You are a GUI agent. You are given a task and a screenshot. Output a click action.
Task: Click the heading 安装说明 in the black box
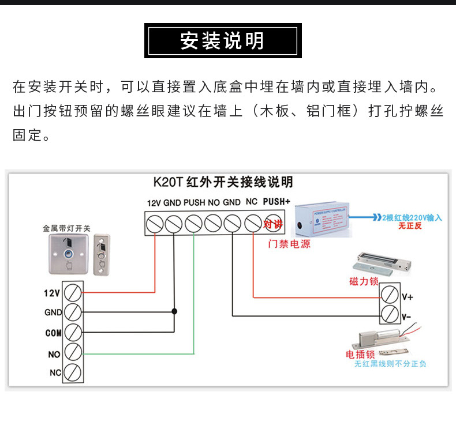(223, 41)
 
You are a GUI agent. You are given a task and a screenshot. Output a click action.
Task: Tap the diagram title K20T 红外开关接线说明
(223, 182)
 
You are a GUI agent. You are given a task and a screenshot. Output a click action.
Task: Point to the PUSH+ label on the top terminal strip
(276, 202)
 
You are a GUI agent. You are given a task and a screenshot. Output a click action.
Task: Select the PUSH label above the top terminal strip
(194, 203)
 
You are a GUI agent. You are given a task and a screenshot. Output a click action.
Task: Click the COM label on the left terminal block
(53, 333)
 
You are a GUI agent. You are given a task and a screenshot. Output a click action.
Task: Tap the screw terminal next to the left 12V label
(73, 293)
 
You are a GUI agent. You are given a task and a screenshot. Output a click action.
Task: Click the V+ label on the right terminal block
(407, 297)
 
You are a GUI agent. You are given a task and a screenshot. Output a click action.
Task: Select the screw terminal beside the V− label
(390, 316)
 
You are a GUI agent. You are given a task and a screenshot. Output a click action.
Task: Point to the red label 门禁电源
(289, 244)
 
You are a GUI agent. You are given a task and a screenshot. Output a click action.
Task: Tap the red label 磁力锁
(364, 282)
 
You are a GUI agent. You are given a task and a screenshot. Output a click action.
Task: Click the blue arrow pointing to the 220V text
(363, 218)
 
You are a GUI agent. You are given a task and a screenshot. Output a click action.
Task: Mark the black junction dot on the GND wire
(174, 312)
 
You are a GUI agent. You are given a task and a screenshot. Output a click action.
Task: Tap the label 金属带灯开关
(67, 228)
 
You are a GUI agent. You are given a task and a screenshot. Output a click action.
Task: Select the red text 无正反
(410, 227)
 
